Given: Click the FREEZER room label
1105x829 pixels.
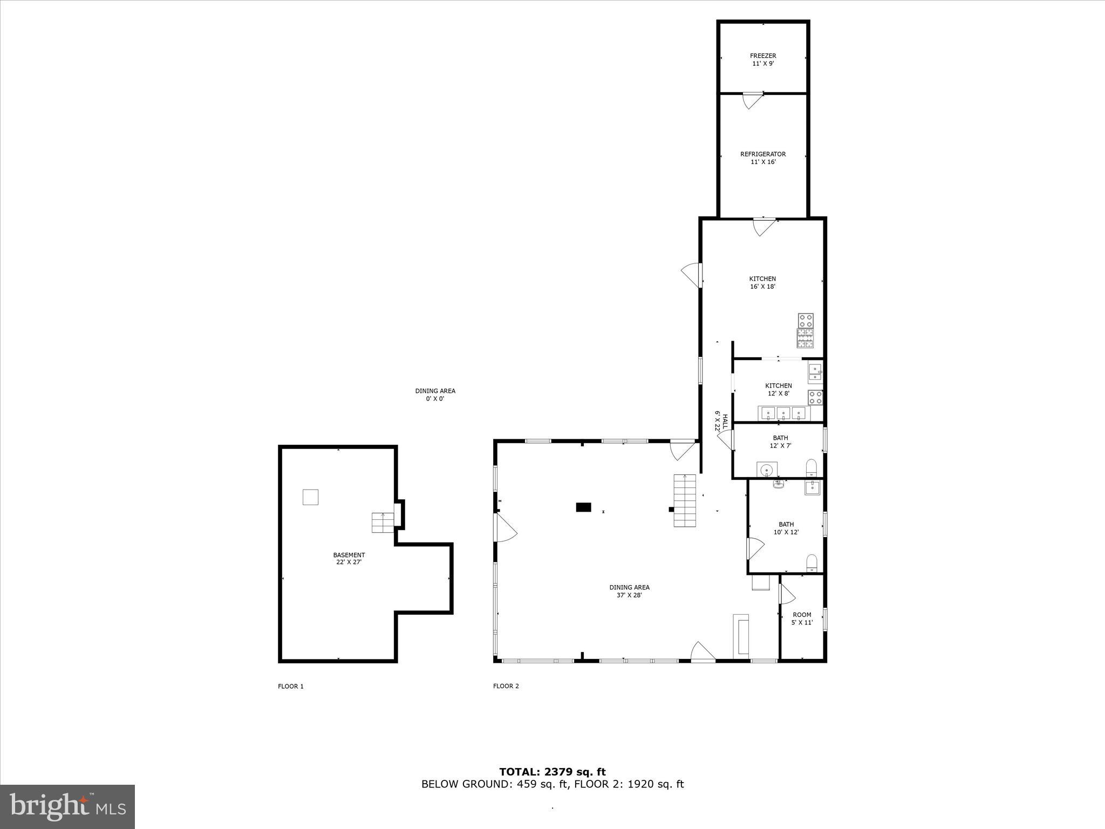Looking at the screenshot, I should [x=763, y=59].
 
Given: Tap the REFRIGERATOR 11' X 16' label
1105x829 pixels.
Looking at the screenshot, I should [x=763, y=158].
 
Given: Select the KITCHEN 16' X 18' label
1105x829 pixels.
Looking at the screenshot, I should [x=762, y=283].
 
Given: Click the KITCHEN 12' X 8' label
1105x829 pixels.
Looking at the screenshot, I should [x=778, y=389].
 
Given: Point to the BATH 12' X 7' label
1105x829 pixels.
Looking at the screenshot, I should [x=780, y=441].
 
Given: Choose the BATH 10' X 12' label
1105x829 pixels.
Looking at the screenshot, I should [x=786, y=528].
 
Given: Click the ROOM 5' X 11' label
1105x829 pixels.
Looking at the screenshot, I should [x=802, y=619].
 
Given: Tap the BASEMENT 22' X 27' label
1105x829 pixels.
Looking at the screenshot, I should [x=349, y=558].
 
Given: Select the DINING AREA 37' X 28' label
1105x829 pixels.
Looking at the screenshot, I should [x=629, y=591].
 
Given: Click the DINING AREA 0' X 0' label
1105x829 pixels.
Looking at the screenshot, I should [x=435, y=395].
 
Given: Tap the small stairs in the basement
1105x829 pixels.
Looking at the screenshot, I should [x=383, y=522].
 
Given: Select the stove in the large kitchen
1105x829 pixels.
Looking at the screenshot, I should [x=806, y=330].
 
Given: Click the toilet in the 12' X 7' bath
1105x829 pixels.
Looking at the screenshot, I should [x=811, y=468].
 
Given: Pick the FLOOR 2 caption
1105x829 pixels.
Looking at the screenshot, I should [x=506, y=686].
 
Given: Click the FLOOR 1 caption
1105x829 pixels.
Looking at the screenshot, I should [x=290, y=686].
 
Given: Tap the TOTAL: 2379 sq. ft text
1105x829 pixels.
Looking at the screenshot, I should [x=552, y=772].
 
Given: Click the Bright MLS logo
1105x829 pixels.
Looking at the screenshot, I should [x=67, y=806].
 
